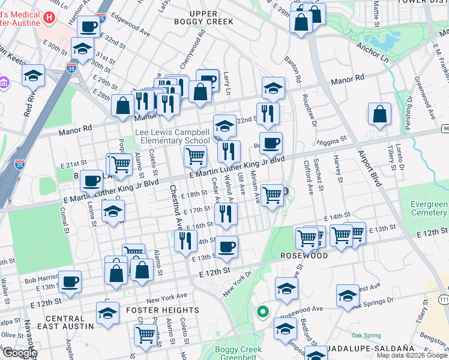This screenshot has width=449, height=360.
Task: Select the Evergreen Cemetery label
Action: tap(429, 208)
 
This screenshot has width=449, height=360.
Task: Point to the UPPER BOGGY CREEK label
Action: tap(203, 17)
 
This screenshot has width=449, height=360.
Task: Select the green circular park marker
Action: tap(262, 311)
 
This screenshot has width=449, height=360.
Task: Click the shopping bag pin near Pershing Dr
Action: tap(379, 114)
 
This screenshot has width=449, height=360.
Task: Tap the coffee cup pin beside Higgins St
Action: tap(271, 143)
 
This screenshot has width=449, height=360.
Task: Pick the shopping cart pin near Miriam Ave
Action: tap(273, 194)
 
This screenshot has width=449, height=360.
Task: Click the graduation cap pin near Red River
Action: tap(34, 75)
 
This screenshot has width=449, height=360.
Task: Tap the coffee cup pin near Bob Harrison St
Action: tap(70, 281)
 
